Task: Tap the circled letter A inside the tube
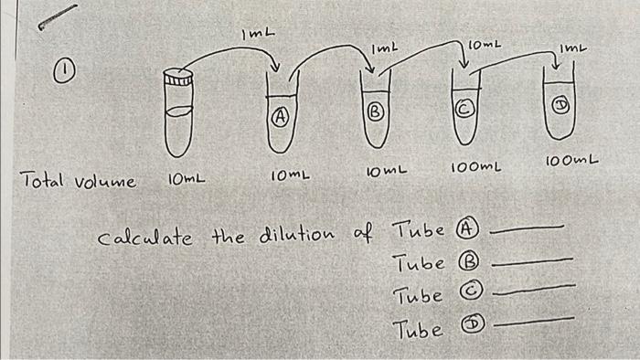(x=283, y=116)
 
